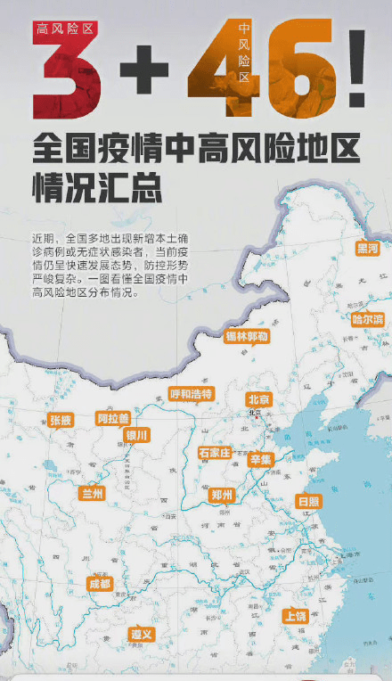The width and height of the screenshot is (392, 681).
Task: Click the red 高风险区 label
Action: pyautogui.click(x=66, y=29)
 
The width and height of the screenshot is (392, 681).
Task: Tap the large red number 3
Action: pyautogui.click(x=66, y=81)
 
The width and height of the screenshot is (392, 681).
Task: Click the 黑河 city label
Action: pyautogui.click(x=366, y=248)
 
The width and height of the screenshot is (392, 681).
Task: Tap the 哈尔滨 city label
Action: pyautogui.click(x=367, y=318)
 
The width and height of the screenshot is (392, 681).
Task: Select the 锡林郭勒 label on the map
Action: pyautogui.click(x=246, y=337)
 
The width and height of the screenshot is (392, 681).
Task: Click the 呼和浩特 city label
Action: pyautogui.click(x=192, y=394)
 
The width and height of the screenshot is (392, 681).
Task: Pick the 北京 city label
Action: pyautogui.click(x=258, y=398)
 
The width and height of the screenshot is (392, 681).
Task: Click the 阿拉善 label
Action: pyautogui.click(x=113, y=418)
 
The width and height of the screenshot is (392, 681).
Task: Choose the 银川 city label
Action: pyautogui.click(x=137, y=435)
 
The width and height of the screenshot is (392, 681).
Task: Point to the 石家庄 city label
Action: pyautogui.click(x=215, y=453)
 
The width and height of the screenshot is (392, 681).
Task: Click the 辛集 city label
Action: pyautogui.click(x=260, y=459)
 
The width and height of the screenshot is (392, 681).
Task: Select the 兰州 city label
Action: pyautogui.click(x=93, y=493)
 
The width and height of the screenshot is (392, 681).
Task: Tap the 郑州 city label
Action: pyautogui.click(x=222, y=495)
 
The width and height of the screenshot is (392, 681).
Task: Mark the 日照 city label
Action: pyautogui.click(x=308, y=502)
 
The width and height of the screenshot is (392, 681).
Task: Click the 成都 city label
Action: pyautogui.click(x=100, y=584)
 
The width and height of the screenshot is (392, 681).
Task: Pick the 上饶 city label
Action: pyautogui.click(x=295, y=616)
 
